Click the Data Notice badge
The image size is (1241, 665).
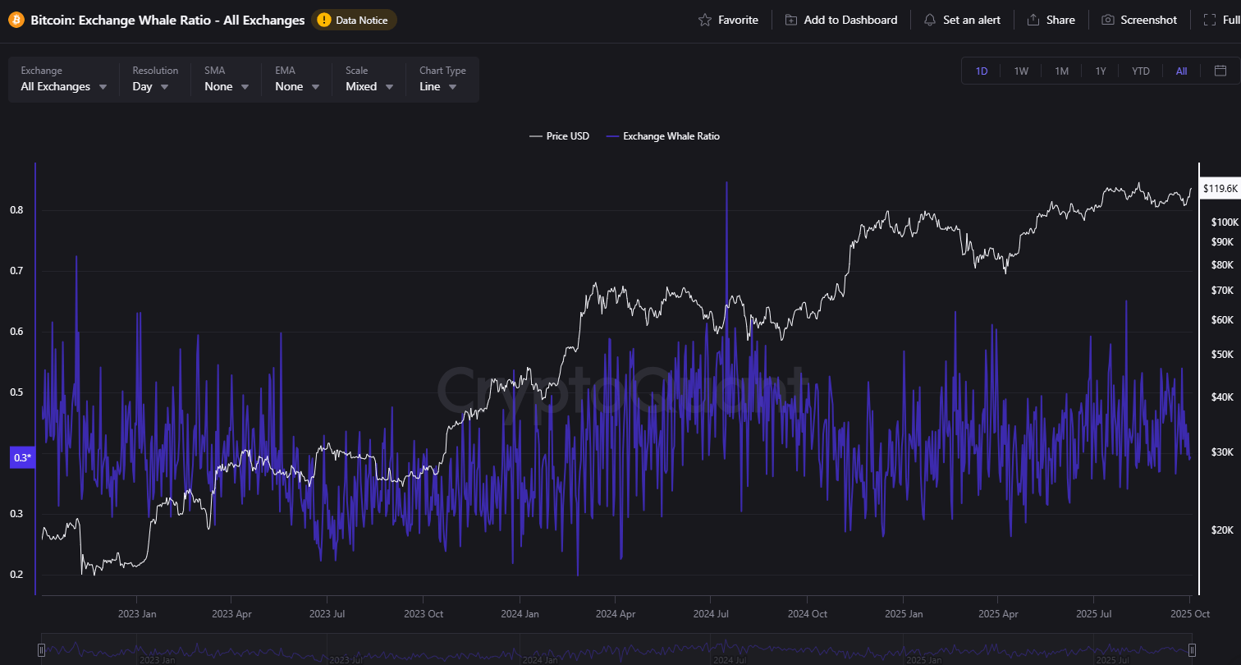point(354,20)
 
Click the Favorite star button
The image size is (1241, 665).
point(728,20)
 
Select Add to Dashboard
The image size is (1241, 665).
point(841,20)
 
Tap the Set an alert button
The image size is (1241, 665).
point(962,20)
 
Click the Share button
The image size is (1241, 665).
point(1051,20)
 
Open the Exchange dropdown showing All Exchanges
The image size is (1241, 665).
point(64,86)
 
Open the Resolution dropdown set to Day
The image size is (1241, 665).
point(151,86)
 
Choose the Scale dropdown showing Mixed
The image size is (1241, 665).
point(369,86)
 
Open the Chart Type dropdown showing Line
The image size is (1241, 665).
point(439,86)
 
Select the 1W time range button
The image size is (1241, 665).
point(1021,71)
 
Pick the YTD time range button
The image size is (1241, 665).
point(1141,71)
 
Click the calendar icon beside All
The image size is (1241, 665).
point(1220,71)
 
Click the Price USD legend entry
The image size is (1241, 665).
point(560,136)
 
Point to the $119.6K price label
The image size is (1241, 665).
point(1220,189)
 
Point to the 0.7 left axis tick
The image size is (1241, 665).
point(16,271)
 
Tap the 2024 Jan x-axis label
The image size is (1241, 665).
point(520,613)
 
